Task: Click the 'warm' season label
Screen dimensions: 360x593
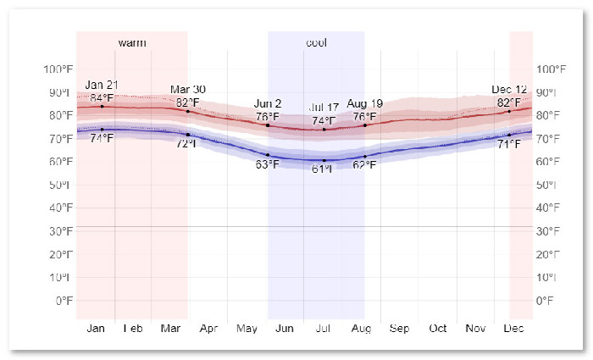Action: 131,42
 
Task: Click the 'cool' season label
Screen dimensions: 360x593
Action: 316,42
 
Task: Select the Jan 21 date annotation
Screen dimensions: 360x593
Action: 102,85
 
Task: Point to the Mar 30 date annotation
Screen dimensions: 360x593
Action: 188,90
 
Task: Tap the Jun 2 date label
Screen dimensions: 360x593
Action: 269,104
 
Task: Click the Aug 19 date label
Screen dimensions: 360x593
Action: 365,104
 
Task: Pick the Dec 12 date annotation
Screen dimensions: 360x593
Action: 509,90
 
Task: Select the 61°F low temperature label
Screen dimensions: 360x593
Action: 323,169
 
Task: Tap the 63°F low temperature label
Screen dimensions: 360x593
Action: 268,164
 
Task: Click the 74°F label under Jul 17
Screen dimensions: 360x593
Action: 324,120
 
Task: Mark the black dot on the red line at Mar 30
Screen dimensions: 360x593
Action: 188,112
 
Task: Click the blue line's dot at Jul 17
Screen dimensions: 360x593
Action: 324,160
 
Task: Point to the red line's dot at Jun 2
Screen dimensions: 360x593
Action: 268,125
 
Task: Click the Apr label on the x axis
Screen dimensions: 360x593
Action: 208,329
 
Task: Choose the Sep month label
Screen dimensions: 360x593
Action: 400,329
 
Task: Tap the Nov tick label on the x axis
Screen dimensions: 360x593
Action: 476,329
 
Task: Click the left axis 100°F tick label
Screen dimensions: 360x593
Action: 58,69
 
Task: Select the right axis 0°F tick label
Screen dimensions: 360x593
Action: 545,301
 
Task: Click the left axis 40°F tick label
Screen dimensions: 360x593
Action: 60,208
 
